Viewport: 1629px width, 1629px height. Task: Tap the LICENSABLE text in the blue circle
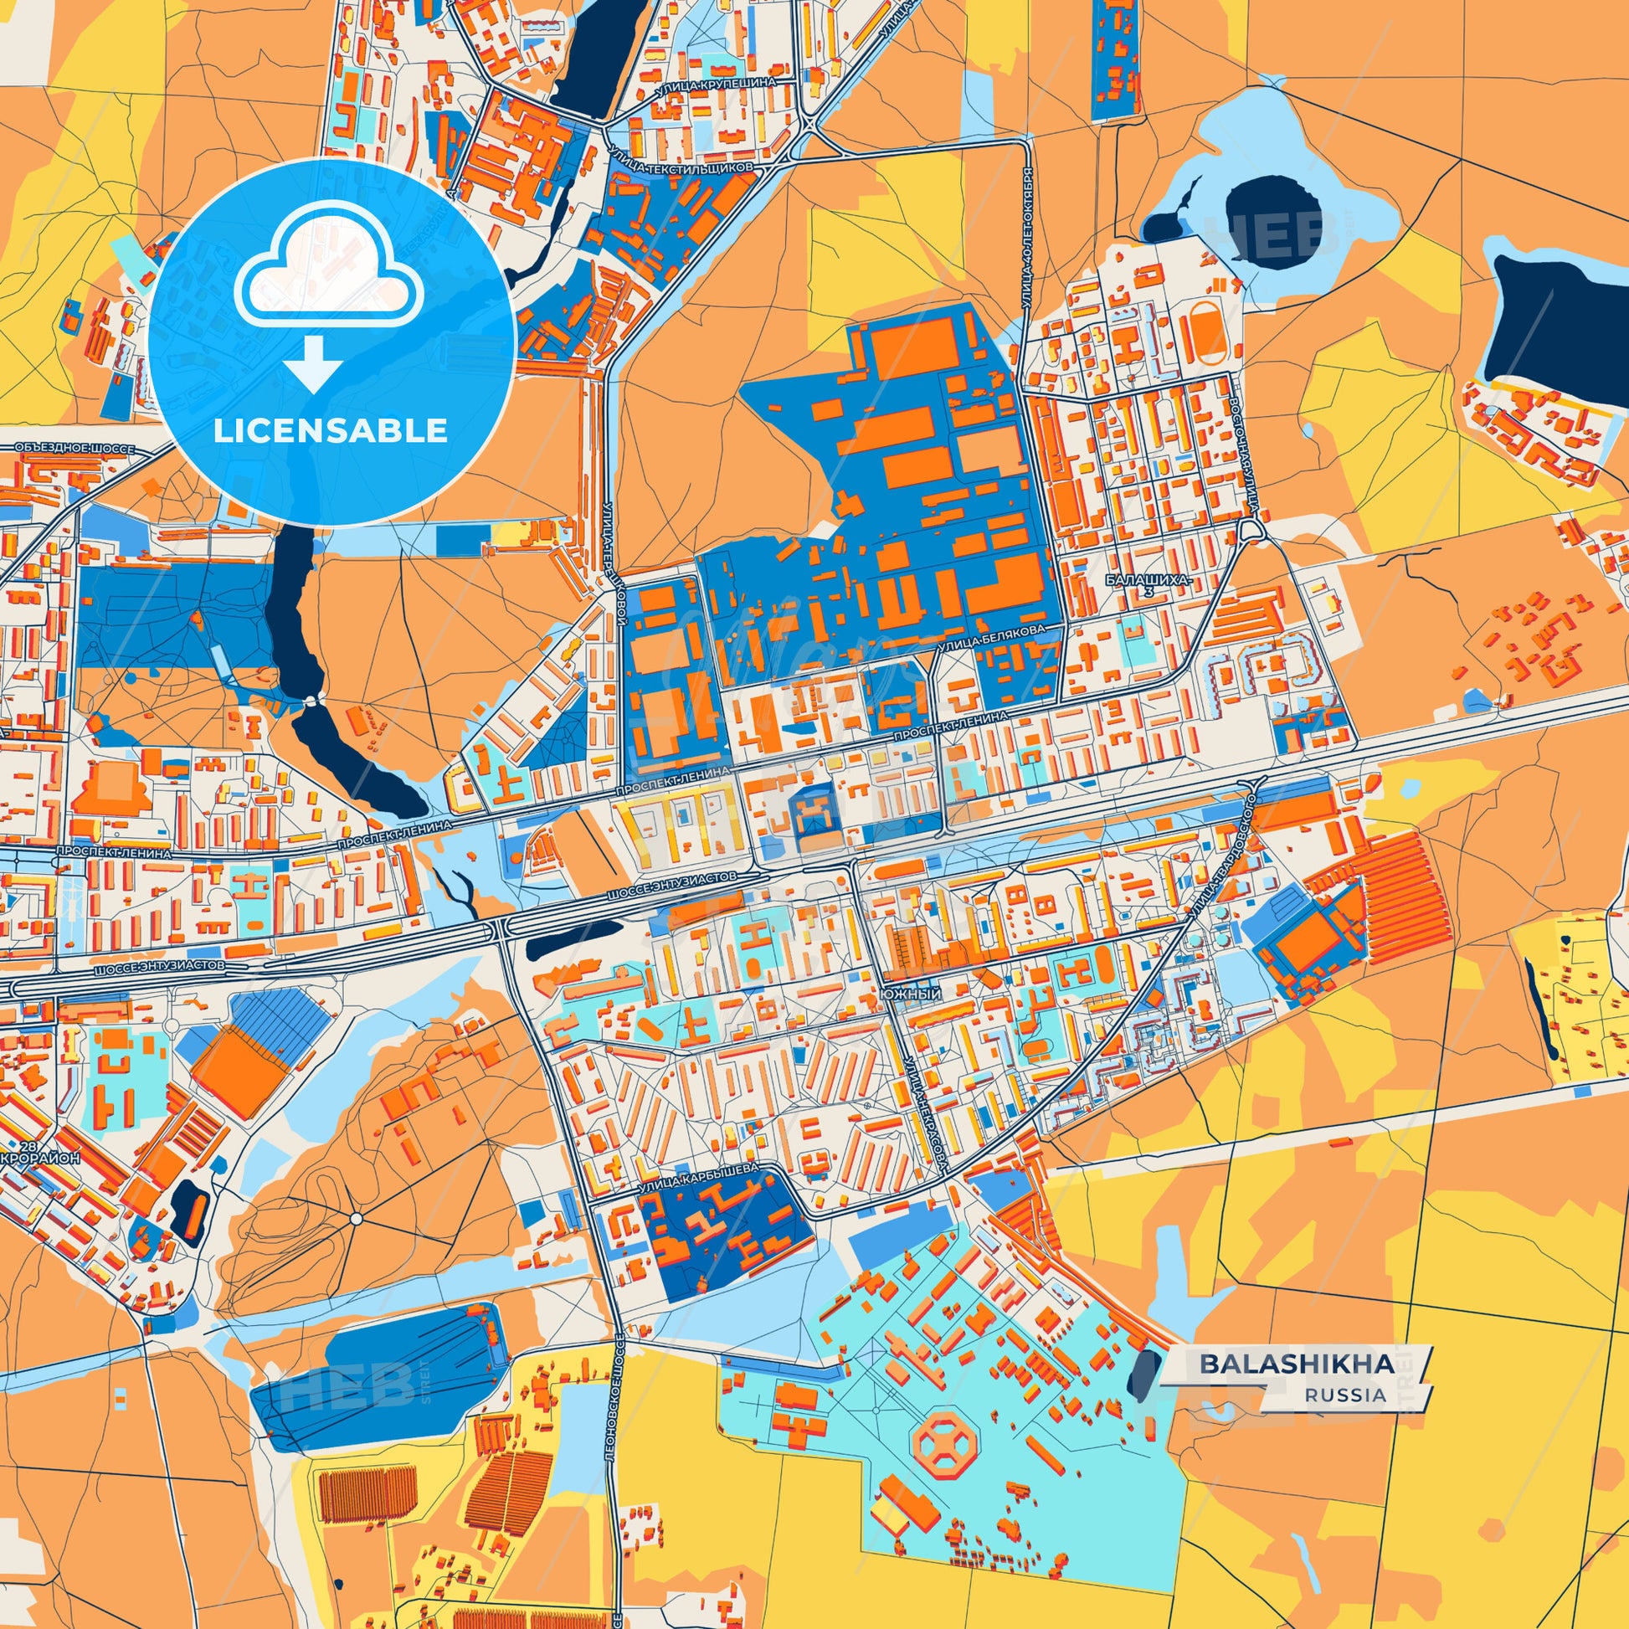[x=331, y=430]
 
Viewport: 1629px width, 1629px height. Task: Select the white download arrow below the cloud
[x=312, y=363]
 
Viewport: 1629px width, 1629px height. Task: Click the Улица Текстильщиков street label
[x=680, y=168]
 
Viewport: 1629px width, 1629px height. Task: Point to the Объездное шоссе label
[x=75, y=449]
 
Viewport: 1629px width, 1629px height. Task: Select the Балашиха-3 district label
[x=1149, y=586]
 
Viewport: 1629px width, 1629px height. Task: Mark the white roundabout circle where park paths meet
[x=356, y=1218]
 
